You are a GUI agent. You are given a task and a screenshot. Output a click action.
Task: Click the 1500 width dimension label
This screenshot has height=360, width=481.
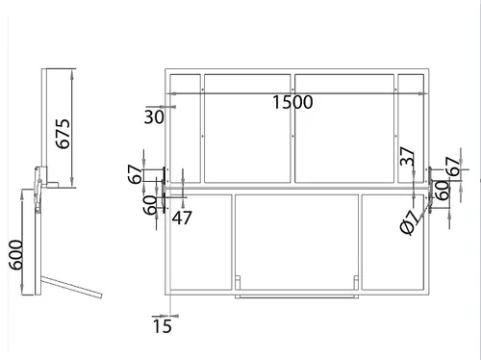[292, 102]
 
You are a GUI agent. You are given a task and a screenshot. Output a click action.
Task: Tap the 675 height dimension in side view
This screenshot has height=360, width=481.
[63, 134]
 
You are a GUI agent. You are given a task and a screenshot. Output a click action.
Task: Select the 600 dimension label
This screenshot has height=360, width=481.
[15, 255]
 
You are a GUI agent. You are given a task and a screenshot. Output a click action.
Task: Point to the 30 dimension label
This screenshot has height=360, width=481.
[154, 116]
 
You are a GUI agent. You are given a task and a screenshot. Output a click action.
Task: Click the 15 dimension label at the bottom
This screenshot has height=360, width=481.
[163, 326]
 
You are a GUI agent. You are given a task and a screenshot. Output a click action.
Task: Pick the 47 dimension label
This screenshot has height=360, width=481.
[182, 218]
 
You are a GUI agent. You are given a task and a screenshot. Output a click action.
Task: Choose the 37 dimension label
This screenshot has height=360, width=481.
[407, 156]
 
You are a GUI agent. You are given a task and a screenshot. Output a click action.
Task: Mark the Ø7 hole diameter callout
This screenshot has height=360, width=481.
[410, 223]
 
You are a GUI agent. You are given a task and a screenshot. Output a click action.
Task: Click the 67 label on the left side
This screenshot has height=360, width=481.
[135, 174]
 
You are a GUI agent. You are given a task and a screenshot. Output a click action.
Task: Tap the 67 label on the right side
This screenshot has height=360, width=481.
[453, 167]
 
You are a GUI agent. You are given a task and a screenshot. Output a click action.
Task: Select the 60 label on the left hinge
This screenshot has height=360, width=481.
[150, 205]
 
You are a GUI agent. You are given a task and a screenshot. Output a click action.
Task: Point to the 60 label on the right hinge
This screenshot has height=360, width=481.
[443, 191]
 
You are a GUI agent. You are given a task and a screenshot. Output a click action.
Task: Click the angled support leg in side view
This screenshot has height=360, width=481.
[71, 287]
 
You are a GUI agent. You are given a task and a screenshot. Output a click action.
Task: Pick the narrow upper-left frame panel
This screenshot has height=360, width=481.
[185, 129]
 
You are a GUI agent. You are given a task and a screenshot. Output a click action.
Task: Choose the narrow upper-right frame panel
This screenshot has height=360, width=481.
[411, 129]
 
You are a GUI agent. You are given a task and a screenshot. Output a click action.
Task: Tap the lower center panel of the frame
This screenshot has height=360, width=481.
[296, 242]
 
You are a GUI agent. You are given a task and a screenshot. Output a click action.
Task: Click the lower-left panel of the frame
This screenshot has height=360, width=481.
[200, 242]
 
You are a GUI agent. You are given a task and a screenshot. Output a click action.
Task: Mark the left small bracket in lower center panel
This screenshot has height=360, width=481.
[238, 282]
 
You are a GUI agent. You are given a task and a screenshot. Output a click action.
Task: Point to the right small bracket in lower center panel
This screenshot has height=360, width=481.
[356, 282]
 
